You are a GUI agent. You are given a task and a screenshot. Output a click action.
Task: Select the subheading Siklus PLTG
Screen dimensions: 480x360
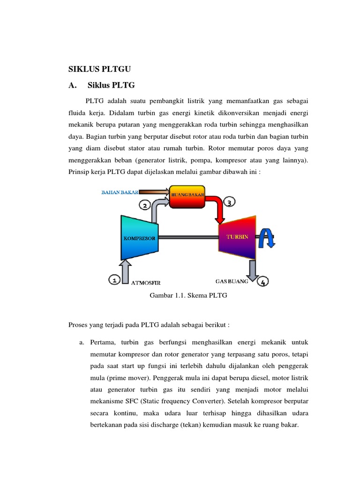tap(111, 85)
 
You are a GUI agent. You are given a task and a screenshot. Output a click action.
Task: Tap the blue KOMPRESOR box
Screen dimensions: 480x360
tap(139, 238)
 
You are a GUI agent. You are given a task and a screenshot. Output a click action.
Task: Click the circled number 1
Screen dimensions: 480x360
tap(114, 280)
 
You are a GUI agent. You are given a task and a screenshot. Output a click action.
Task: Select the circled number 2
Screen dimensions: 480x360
tap(145, 205)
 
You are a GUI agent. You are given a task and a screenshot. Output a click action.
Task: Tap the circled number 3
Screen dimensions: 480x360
tap(229, 202)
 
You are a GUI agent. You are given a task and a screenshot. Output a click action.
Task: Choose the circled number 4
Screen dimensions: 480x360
tap(263, 282)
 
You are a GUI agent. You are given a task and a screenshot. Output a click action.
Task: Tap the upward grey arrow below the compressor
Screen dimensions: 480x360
tap(125, 272)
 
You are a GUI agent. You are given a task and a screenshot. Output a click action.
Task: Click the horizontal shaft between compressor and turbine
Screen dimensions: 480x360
tap(187, 238)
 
